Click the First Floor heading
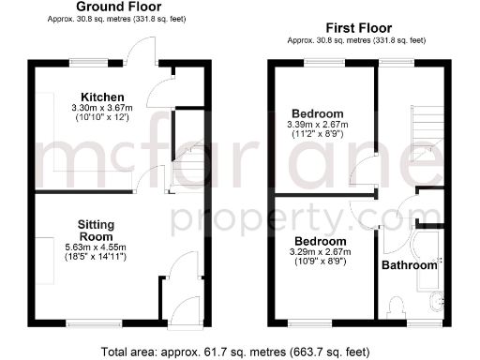[x=358, y=28]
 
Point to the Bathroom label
[x=409, y=265]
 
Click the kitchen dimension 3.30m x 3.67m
[x=103, y=109]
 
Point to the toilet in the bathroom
[x=395, y=307]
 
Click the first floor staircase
[x=427, y=127]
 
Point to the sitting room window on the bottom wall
[x=95, y=323]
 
